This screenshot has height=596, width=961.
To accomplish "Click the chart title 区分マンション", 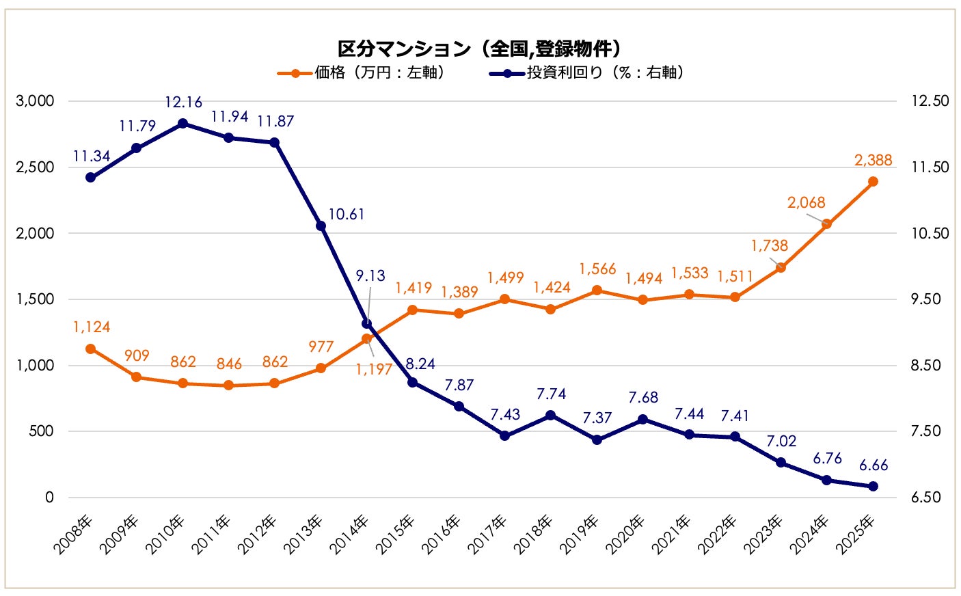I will pos(479,49).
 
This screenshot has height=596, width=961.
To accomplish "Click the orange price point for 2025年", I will pos(873,182).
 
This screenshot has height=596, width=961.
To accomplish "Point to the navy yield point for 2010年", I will pos(182,124).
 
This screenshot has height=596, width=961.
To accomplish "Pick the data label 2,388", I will pos(873,160).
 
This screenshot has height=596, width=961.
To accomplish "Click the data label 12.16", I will pos(183,103).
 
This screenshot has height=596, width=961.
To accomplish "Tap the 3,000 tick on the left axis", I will pos(35,101).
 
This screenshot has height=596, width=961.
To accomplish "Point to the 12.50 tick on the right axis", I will pos(930,101).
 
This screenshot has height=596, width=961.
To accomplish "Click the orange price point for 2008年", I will pos(90,349).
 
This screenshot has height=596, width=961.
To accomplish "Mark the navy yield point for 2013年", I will pos(321,226).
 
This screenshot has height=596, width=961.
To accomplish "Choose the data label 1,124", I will pos(92,327).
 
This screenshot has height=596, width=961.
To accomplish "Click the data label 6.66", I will pos(873,465).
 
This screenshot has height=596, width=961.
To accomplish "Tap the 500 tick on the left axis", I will pos(41,431).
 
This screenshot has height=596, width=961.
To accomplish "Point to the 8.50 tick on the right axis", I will pos(930,365).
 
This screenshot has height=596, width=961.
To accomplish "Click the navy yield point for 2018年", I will pos(551,415).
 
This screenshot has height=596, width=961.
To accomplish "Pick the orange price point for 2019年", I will pos(597,290).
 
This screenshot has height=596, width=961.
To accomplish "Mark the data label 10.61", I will pos(346,215).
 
